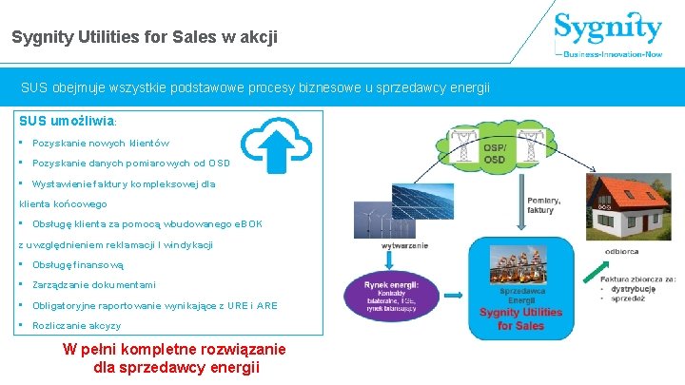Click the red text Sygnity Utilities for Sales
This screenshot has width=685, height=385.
(520, 318)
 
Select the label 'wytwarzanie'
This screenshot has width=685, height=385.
(404, 245)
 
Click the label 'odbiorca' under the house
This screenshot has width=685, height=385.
(621, 252)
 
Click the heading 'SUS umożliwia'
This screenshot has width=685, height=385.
(67, 123)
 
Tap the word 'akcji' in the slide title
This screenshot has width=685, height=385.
(259, 37)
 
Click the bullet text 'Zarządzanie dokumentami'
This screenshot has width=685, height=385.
(94, 285)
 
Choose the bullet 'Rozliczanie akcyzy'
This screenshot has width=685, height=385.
(76, 325)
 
